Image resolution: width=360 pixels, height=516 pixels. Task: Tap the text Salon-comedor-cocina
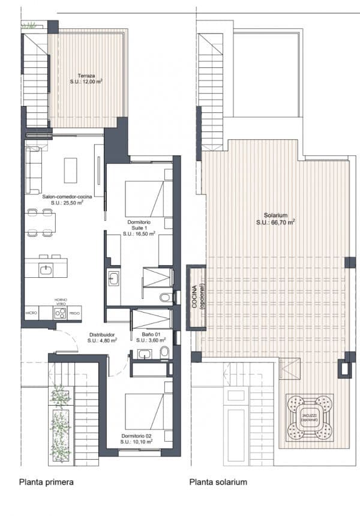coord(66,196)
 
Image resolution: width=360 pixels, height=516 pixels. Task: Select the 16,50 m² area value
coord(139,235)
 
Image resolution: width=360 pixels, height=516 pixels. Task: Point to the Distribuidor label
coord(102,334)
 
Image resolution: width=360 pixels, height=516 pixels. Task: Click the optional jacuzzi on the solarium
coord(309,416)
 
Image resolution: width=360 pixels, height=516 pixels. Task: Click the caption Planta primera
coord(47,482)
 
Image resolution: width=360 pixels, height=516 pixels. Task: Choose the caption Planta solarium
coord(218,482)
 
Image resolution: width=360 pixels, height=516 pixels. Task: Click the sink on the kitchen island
coord(46,269)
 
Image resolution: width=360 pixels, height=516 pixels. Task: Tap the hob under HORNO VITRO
coord(60,313)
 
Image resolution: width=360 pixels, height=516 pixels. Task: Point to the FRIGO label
coord(74,313)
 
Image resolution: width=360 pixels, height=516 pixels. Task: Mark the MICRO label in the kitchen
coord(32,313)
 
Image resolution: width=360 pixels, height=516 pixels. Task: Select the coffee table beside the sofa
coord(71,171)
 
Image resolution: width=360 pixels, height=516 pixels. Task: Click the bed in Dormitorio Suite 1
coord(145,199)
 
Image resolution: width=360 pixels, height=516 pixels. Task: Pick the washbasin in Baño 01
coord(144,354)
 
